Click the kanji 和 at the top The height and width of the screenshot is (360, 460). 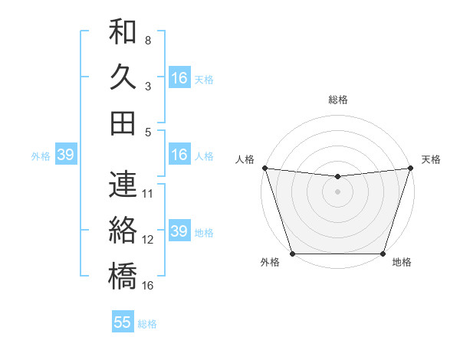[x=123, y=32]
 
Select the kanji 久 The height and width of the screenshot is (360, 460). [x=123, y=77]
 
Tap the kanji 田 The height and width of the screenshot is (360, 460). [x=123, y=123]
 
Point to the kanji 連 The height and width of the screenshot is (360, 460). [x=123, y=185]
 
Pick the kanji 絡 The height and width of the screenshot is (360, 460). [x=123, y=230]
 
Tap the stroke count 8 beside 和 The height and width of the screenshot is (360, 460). [x=148, y=40]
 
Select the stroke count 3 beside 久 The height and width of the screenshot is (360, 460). [x=148, y=86]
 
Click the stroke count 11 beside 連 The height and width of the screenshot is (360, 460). [x=148, y=193]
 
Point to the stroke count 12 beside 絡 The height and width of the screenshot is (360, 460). [x=148, y=239]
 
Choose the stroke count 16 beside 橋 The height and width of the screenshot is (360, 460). [x=148, y=285]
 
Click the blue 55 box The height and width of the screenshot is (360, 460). [x=123, y=322]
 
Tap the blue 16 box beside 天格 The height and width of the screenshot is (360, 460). [x=179, y=78]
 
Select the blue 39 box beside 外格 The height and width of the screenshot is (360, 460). [x=65, y=155]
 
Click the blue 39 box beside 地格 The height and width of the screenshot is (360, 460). [x=179, y=231]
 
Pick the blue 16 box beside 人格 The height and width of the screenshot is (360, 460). [x=179, y=155]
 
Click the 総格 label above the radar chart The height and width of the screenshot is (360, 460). [x=337, y=100]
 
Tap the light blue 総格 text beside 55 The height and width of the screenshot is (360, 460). [x=147, y=324]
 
